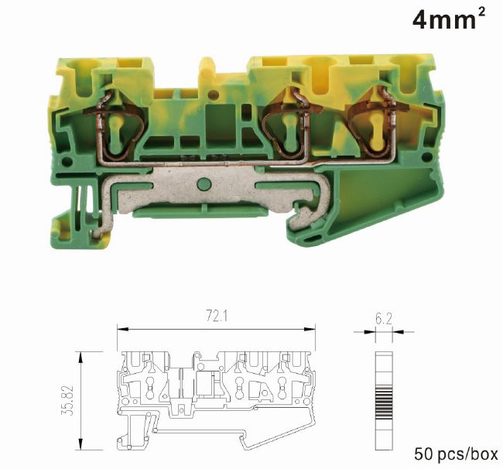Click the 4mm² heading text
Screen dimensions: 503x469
tap(449, 19)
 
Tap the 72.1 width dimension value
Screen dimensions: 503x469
tap(217, 317)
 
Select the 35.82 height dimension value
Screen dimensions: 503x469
tap(68, 400)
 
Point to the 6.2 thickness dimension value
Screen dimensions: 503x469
tap(383, 319)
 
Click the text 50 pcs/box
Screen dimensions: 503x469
tap(456, 454)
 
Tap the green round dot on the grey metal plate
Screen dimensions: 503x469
tap(204, 184)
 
